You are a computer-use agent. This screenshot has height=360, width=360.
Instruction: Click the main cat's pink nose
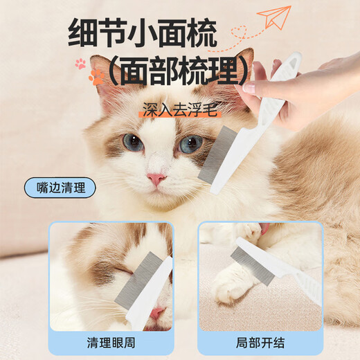point(156,179)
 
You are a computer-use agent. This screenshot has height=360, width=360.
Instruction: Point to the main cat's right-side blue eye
point(190,143)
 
